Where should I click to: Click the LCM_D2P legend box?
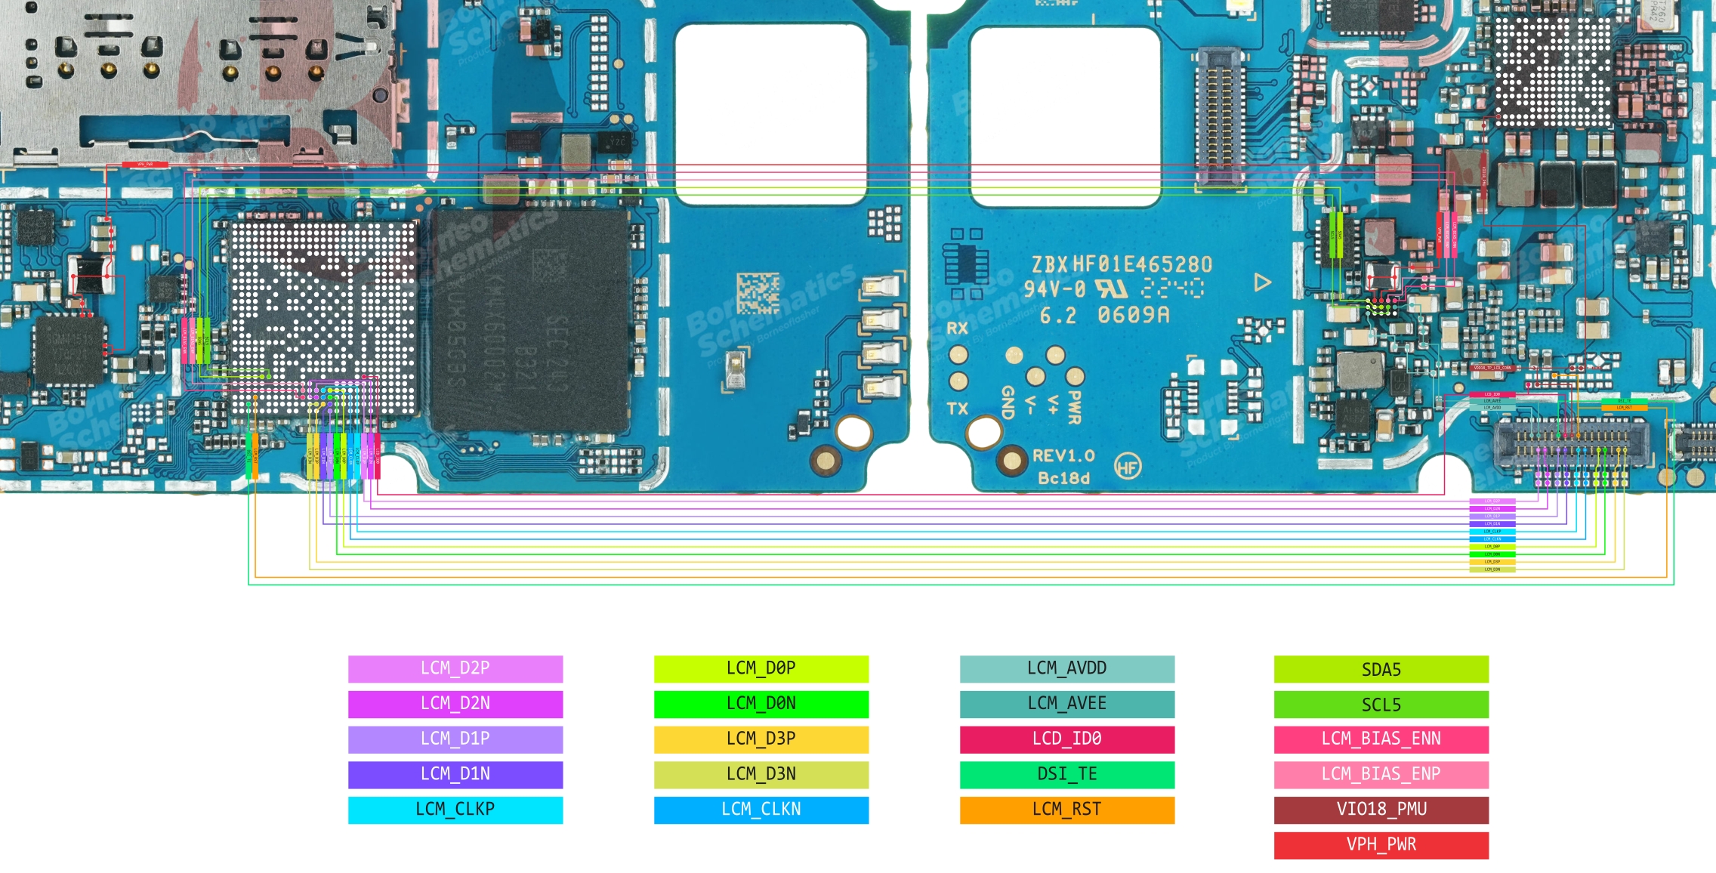[455, 668]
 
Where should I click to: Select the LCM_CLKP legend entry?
[455, 810]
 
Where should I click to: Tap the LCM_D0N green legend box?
[761, 704]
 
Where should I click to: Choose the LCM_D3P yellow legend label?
[761, 739]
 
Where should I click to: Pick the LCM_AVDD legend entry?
[1066, 668]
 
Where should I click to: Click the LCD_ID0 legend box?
[1066, 739]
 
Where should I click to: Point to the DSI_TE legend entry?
[1066, 774]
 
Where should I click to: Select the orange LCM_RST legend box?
[1066, 810]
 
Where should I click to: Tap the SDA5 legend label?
[1381, 669]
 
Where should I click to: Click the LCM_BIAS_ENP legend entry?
[1381, 774]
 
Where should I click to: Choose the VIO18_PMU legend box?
[1381, 810]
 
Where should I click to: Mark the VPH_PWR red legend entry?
[1381, 845]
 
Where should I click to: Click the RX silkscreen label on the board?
[957, 329]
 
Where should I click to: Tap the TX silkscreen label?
[957, 409]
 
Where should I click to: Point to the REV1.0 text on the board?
[1063, 456]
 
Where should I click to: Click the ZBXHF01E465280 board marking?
[1122, 264]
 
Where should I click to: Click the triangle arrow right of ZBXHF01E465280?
[1262, 282]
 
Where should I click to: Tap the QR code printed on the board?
[758, 293]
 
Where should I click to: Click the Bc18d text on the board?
[1063, 478]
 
